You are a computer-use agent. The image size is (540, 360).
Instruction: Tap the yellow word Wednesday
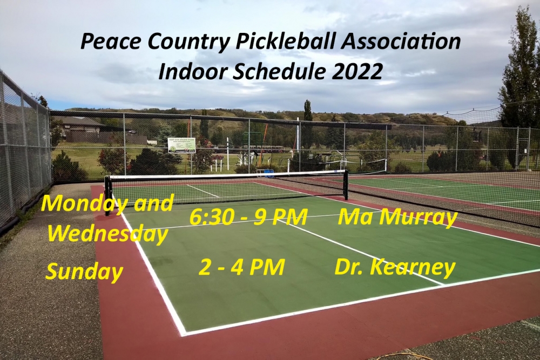click(107, 234)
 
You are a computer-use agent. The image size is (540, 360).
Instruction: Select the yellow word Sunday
click(84, 271)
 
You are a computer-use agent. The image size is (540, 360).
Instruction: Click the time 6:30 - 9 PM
click(248, 218)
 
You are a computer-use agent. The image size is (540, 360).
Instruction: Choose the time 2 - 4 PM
click(241, 267)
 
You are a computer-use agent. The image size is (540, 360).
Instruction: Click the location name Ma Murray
click(397, 218)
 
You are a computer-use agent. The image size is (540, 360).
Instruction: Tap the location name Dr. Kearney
click(395, 268)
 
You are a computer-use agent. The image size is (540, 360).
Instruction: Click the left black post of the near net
click(109, 196)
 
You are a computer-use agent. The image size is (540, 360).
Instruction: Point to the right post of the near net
click(346, 185)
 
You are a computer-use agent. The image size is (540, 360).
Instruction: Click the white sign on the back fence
click(181, 145)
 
